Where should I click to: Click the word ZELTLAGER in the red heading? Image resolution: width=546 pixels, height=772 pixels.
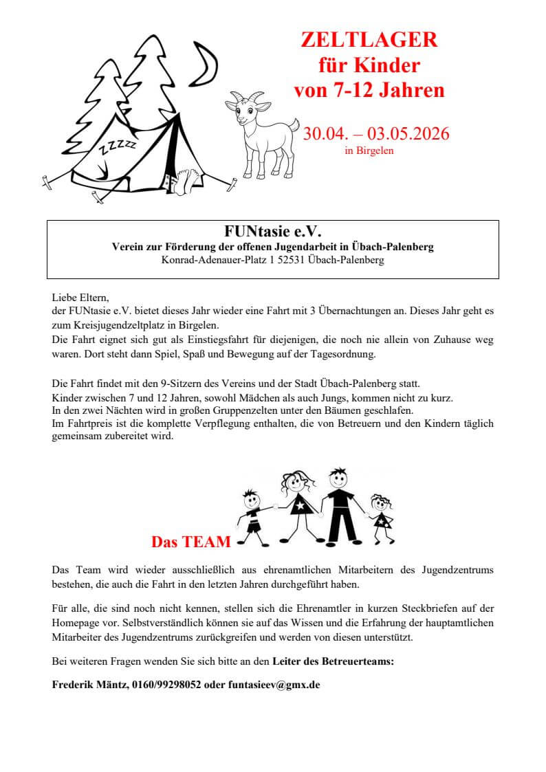pyautogui.click(x=369, y=41)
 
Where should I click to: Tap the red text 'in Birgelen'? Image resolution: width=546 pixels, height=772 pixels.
pyautogui.click(x=369, y=151)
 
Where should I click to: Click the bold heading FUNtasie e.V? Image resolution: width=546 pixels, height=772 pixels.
pyautogui.click(x=272, y=230)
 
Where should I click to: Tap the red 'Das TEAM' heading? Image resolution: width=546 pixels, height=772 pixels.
pyautogui.click(x=191, y=542)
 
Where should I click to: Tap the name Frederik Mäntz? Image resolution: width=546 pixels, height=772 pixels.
pyautogui.click(x=89, y=685)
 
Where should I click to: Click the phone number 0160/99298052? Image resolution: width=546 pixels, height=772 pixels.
pyautogui.click(x=166, y=685)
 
